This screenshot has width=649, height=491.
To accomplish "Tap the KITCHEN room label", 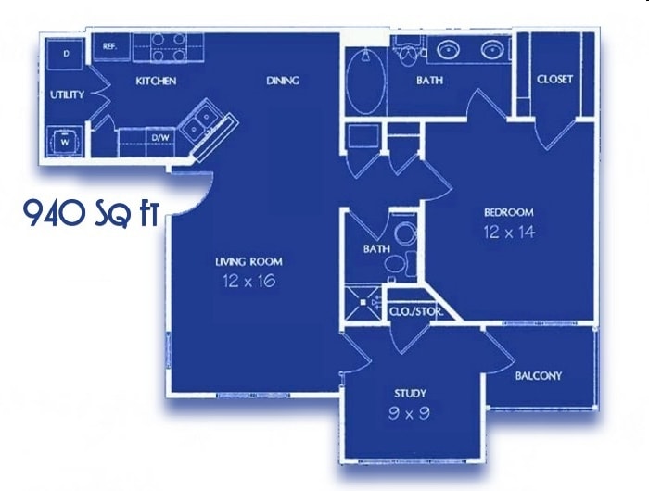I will click(x=156, y=81).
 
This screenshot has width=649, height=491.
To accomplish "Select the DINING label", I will click(x=283, y=81).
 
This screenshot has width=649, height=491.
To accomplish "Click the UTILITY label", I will click(x=68, y=94).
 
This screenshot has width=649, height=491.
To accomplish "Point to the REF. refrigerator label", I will click(x=109, y=45).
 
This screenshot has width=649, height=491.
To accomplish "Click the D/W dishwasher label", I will click(x=160, y=138).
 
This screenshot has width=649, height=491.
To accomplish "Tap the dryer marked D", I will click(x=67, y=54).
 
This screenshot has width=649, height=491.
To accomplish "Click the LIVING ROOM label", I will click(x=248, y=261).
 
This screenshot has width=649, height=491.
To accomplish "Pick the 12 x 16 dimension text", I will click(x=248, y=280).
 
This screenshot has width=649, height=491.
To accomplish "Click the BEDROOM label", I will click(x=508, y=211).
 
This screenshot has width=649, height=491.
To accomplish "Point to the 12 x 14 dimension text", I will click(x=509, y=232).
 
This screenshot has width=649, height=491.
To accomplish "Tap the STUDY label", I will click(x=410, y=394).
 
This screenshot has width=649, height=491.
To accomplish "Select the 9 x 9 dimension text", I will click(x=410, y=413).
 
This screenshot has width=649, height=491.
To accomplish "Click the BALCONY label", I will click(x=539, y=375).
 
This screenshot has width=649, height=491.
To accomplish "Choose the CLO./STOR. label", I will click(x=414, y=312).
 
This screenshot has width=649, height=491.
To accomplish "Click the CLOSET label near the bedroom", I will click(x=554, y=80).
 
